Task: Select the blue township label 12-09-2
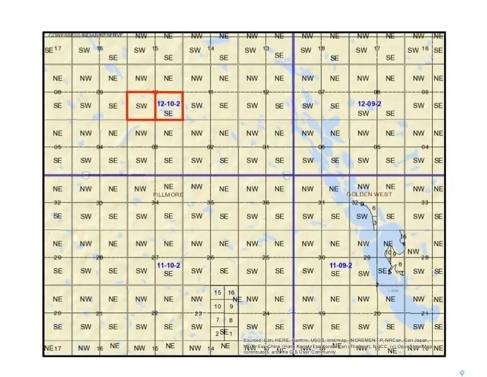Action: click(x=370, y=103)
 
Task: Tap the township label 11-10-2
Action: click(x=168, y=265)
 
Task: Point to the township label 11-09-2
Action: click(x=340, y=265)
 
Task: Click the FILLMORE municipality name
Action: click(x=168, y=194)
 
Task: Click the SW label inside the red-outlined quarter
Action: click(x=141, y=106)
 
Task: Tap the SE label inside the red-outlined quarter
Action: click(x=168, y=113)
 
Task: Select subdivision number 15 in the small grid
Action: click(x=218, y=293)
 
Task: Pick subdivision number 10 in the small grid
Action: click(x=217, y=306)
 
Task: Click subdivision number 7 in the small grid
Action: click(x=218, y=320)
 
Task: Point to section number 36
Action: click(x=266, y=203)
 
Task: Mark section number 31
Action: click(x=321, y=203)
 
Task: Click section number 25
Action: click(x=266, y=257)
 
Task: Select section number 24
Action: click(x=266, y=314)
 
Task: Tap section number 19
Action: click(x=322, y=314)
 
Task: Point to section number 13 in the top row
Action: click(x=266, y=49)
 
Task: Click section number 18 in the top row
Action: click(x=322, y=49)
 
